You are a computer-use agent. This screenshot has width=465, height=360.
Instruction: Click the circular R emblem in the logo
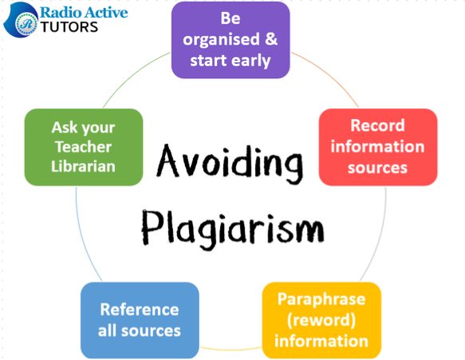(x=26, y=24)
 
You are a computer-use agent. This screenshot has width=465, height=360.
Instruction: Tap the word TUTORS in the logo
(x=69, y=27)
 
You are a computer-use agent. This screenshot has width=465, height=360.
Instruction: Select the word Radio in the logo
(x=60, y=13)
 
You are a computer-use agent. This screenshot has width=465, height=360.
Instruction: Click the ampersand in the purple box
(x=271, y=39)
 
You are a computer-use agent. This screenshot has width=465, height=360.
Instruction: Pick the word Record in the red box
(x=377, y=125)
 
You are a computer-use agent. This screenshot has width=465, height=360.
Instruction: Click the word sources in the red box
(x=377, y=168)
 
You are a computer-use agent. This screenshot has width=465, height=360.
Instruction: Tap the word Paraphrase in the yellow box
(x=321, y=299)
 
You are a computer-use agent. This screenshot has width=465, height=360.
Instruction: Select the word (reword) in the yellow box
(x=321, y=320)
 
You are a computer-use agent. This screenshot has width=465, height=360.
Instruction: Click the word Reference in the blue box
(x=140, y=310)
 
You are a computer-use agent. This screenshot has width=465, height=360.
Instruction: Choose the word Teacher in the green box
(x=83, y=147)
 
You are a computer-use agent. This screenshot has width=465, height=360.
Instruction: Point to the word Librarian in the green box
(x=83, y=166)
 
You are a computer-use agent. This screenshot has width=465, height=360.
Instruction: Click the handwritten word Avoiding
(x=230, y=164)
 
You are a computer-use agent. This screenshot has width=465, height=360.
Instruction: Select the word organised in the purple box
(x=221, y=40)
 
